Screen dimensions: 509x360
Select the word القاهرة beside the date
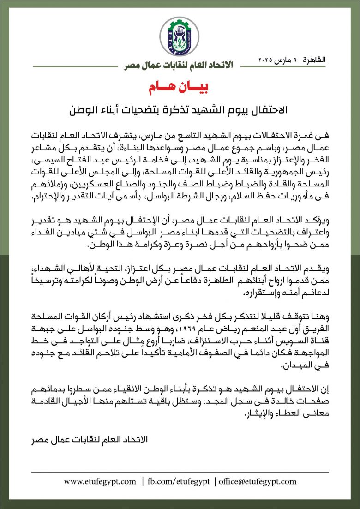coord(318,60)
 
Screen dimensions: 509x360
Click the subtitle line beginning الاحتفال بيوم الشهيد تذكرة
coord(180,111)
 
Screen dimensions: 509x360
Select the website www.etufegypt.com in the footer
coord(100,481)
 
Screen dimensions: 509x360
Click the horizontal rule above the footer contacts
coord(180,472)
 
